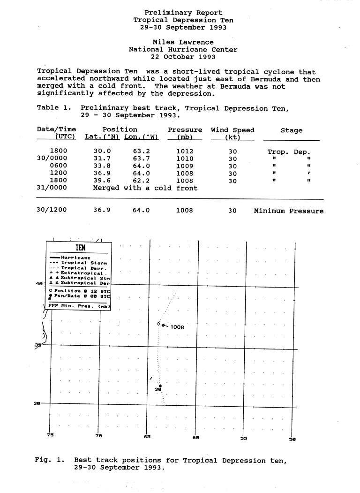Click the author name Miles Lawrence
click(x=183, y=42)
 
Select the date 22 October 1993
click(x=183, y=57)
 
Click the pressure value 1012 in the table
click(x=185, y=152)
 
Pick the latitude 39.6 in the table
click(x=102, y=181)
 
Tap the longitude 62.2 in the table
click(x=141, y=181)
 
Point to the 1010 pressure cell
click(x=185, y=159)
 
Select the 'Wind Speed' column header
click(x=232, y=130)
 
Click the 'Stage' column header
click(x=291, y=130)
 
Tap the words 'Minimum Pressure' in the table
click(x=289, y=211)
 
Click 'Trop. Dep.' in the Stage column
click(x=289, y=152)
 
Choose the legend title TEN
click(x=80, y=248)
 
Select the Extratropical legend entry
click(x=80, y=273)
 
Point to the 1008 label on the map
click(x=177, y=327)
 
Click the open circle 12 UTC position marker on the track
click(x=158, y=324)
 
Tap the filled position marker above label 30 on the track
click(x=160, y=386)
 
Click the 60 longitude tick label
click(x=196, y=438)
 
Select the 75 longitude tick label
click(x=51, y=435)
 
